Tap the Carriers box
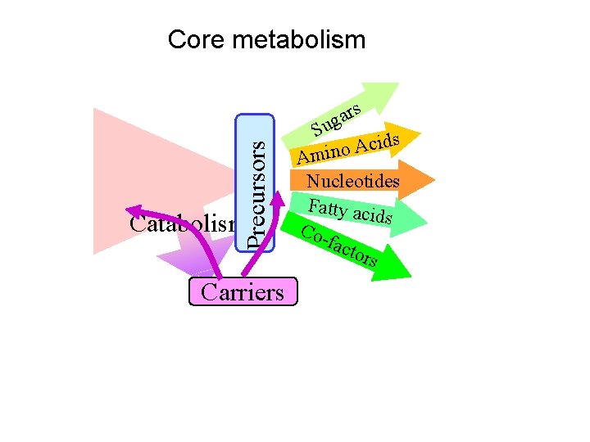point(243,292)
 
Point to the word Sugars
point(336,119)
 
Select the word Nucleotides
point(352,181)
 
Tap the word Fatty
point(328,206)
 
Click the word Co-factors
point(340,245)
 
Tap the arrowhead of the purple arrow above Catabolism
point(134,208)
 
